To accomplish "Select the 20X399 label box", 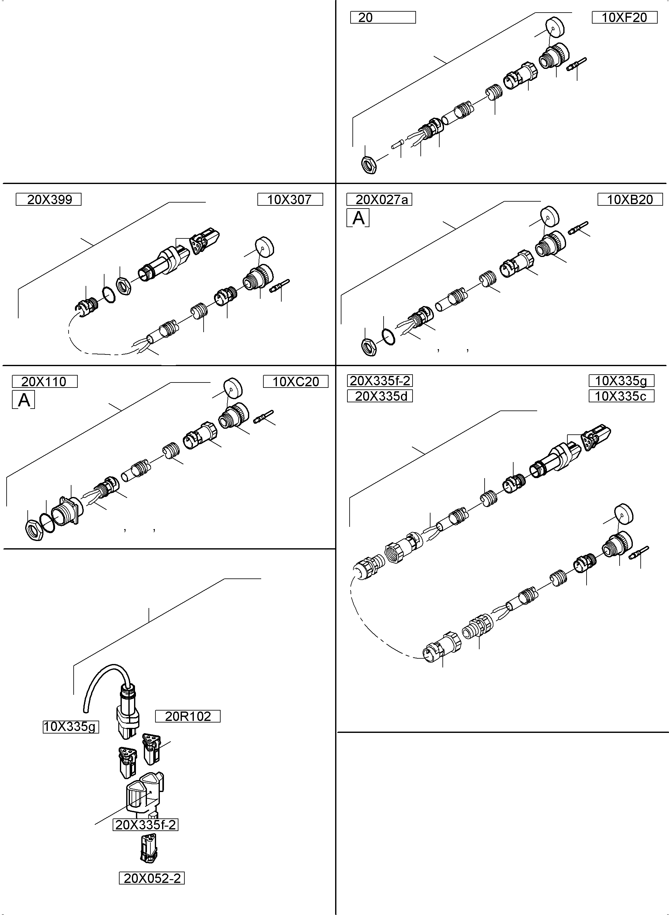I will (x=48, y=199).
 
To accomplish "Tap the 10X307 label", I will (x=290, y=199).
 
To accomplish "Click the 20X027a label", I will (x=379, y=199).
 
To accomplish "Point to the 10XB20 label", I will (x=630, y=199).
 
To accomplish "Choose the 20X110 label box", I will (x=45, y=382).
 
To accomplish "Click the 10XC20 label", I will (x=295, y=382).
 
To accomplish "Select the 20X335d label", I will (x=380, y=396).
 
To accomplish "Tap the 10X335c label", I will (x=621, y=396).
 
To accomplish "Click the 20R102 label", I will (x=188, y=716).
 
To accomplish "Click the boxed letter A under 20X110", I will (x=24, y=400).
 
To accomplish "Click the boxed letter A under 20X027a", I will (x=358, y=218).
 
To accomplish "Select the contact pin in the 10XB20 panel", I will (x=578, y=228).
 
